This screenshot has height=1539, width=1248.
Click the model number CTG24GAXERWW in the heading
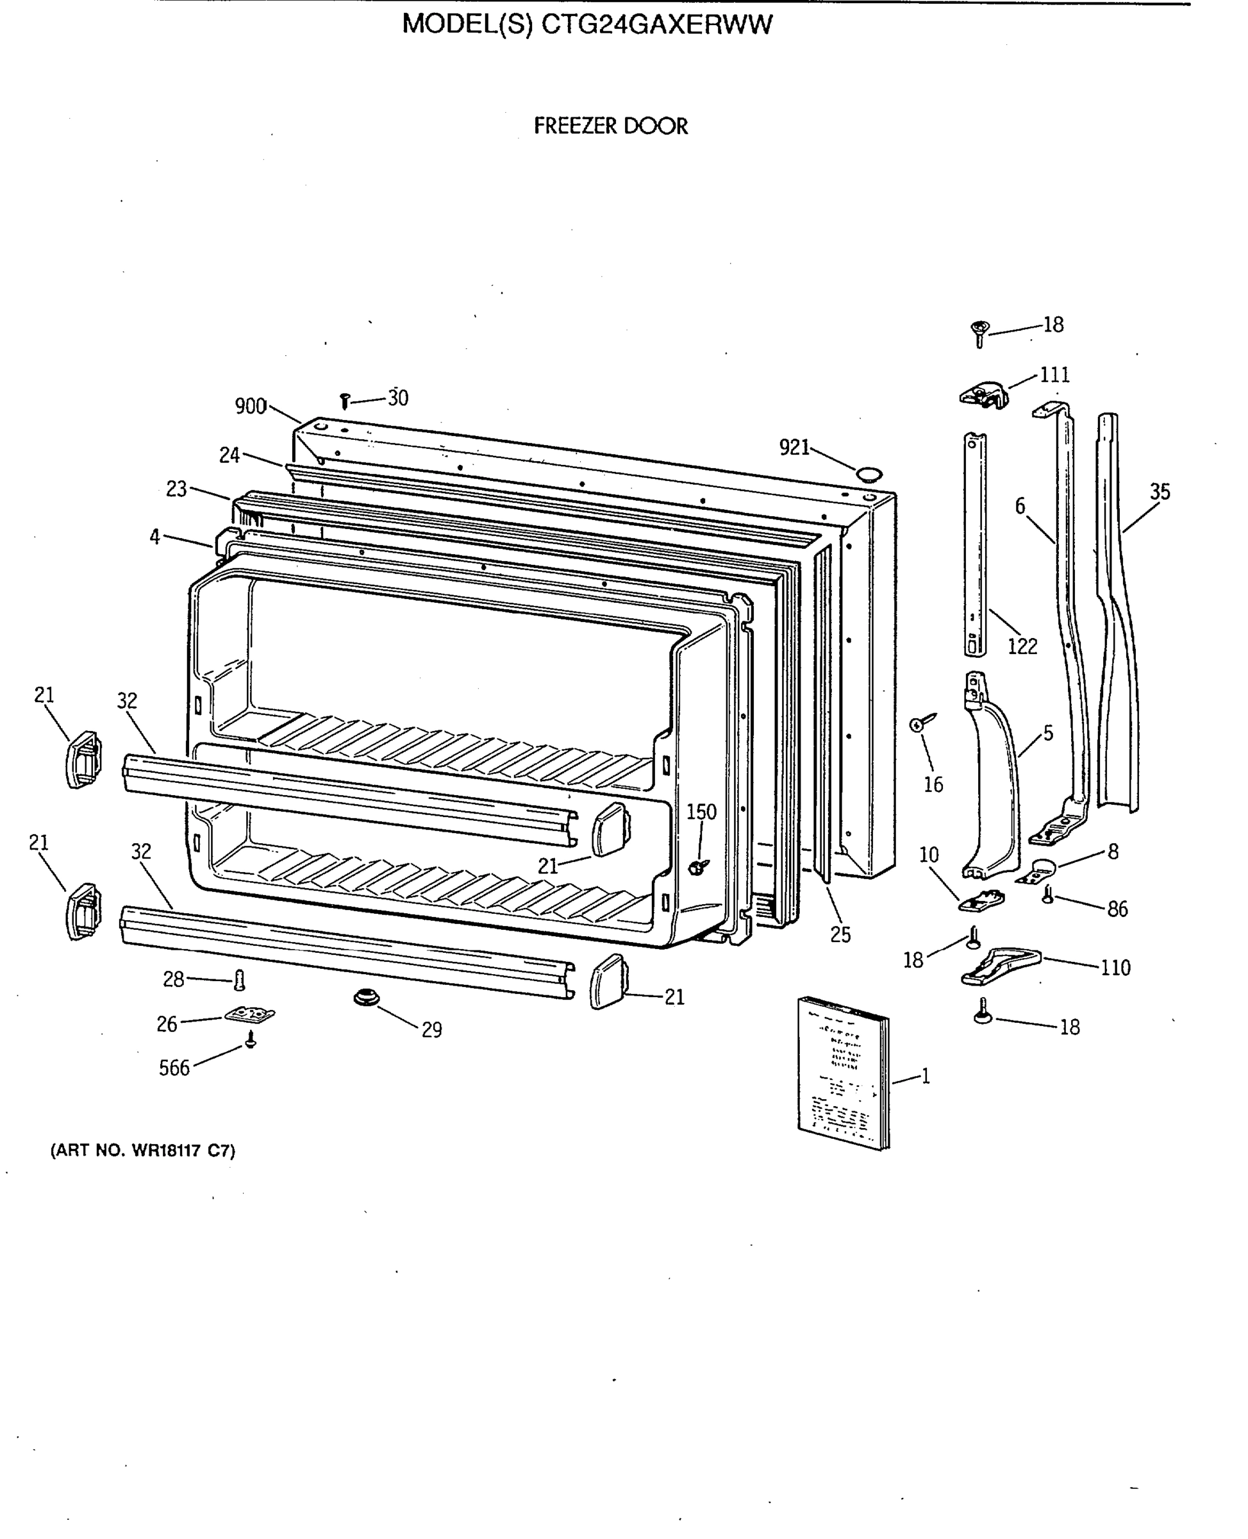point(656,25)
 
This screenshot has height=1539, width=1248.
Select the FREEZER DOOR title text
point(610,126)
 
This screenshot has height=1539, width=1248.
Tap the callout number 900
point(250,407)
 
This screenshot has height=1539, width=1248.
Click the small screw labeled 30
point(344,401)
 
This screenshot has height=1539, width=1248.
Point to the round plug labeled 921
point(869,474)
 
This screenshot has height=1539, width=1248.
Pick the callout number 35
point(1160,492)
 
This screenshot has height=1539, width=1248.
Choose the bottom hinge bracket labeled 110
point(999,965)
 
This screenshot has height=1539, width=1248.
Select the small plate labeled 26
point(249,1014)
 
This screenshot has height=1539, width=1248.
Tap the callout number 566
point(174,1068)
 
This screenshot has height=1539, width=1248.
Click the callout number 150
point(701,812)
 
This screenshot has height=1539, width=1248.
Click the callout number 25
point(840,935)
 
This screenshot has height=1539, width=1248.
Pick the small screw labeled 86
point(1047,895)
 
